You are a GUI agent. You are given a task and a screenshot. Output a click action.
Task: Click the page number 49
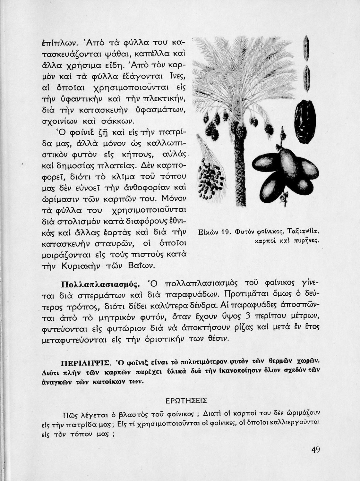(316, 450)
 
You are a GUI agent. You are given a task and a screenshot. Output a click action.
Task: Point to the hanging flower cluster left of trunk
(207, 173)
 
